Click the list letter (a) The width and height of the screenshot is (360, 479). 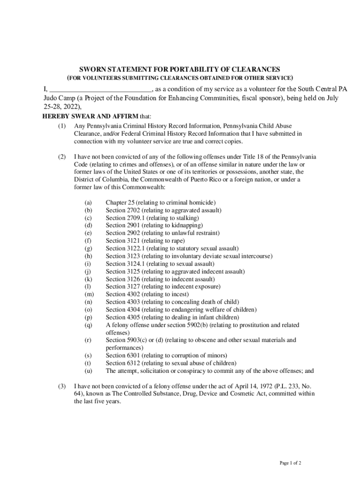point(88,203)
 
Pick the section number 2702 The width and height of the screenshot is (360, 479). point(132,210)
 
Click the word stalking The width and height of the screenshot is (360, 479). point(187,218)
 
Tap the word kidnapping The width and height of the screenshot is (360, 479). point(182,225)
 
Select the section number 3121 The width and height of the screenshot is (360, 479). point(132,240)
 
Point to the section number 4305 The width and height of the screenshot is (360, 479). point(132,317)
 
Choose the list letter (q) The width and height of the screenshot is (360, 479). point(88,325)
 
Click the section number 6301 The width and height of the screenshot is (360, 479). point(132,356)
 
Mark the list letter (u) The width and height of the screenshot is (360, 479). point(88,371)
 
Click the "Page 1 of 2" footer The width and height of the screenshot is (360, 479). point(290,463)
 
